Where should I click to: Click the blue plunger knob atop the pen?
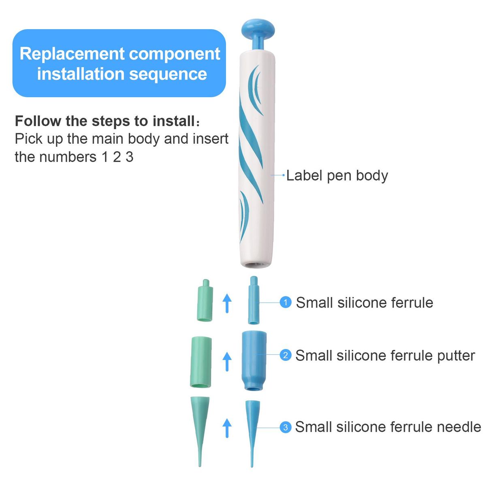click(x=258, y=28)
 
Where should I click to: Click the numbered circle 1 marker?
click(x=286, y=303)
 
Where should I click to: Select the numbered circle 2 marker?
click(x=286, y=355)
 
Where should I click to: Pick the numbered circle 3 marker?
click(x=286, y=427)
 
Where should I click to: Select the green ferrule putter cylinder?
click(x=201, y=362)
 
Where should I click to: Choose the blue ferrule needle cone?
click(x=252, y=425)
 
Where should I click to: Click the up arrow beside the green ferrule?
click(x=227, y=303)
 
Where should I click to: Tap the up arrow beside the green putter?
click(x=227, y=361)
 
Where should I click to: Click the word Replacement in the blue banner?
click(x=72, y=54)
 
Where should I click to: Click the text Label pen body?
click(x=337, y=175)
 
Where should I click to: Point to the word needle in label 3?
click(x=459, y=427)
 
